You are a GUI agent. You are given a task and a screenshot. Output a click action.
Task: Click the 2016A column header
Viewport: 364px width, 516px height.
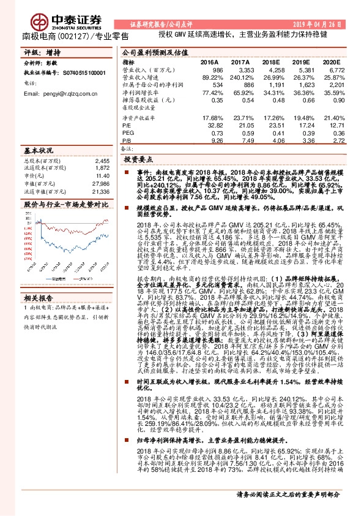[x=209, y=63]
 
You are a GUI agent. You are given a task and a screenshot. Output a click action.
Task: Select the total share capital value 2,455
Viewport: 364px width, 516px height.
[x=103, y=160]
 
